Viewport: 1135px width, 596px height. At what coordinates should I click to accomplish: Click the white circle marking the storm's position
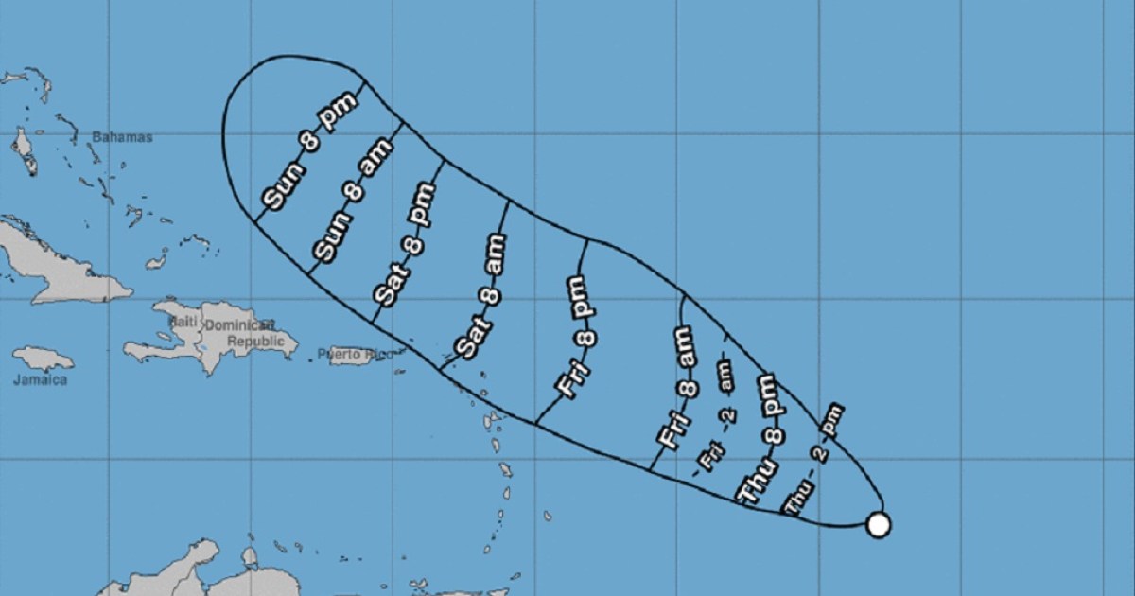[879, 524]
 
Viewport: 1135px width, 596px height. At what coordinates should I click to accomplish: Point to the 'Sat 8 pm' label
[405, 244]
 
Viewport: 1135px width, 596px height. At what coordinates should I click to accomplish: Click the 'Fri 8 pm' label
[576, 337]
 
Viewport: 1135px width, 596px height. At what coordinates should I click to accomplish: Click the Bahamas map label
[122, 137]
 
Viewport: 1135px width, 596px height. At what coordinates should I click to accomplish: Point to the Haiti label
[181, 323]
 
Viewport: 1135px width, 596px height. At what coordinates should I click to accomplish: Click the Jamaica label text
[41, 380]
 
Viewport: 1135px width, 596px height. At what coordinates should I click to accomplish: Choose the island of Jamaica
[43, 359]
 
